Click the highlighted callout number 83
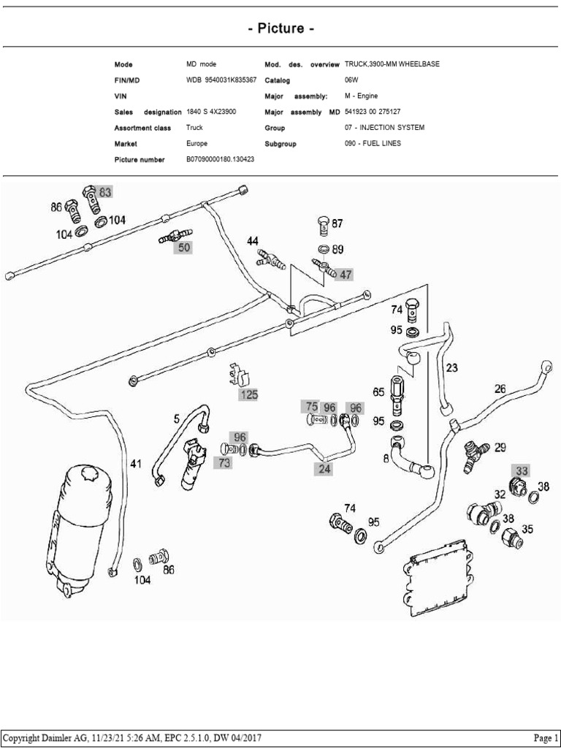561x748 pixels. click(105, 192)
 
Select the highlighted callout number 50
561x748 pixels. click(182, 248)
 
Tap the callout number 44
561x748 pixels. click(252, 241)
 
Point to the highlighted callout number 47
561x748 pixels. click(345, 274)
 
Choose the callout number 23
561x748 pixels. click(452, 368)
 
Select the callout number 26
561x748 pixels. click(500, 389)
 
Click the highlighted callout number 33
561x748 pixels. click(521, 470)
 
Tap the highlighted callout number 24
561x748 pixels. click(324, 470)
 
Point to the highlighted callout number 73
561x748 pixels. click(224, 462)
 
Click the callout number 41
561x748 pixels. click(136, 464)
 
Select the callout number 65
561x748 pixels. click(378, 392)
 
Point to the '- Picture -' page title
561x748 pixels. click(280, 28)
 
